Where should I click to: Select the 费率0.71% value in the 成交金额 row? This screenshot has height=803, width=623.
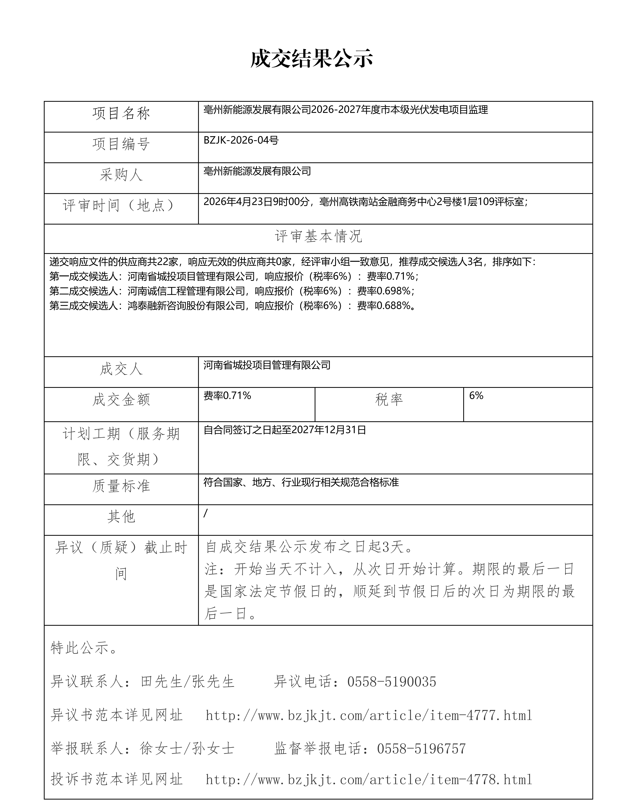227,396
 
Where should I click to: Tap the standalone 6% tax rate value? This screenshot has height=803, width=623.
476,396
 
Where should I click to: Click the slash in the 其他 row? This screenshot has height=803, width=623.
206,513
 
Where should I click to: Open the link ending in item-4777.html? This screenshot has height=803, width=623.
369,716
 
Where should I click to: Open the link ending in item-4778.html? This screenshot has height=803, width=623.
369,779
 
